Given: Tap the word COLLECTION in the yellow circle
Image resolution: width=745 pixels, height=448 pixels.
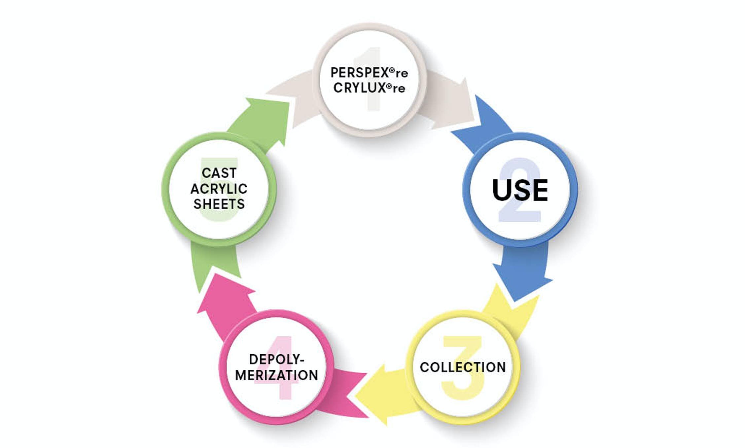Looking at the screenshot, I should (x=462, y=367).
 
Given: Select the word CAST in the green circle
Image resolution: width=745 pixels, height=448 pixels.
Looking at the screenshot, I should (x=219, y=173).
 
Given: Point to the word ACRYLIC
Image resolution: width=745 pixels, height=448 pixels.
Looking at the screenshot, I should (x=219, y=189).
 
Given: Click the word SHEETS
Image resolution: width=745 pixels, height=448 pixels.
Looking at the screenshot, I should (x=219, y=204).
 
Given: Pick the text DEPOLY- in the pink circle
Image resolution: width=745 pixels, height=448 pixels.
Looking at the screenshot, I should (x=276, y=359).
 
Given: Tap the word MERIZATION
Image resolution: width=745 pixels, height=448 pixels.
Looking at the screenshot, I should (x=276, y=375).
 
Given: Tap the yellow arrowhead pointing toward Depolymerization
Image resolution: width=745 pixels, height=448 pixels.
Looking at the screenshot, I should (x=376, y=393).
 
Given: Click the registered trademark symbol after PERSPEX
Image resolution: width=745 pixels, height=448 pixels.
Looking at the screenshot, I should (x=392, y=70).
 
